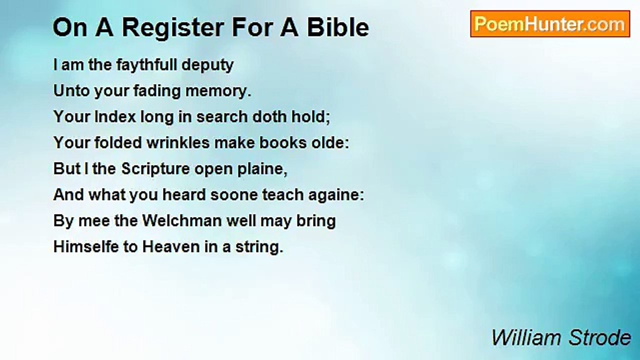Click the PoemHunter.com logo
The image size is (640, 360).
click(x=550, y=24)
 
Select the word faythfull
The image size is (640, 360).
click(x=146, y=65)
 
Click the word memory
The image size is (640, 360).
click(x=218, y=91)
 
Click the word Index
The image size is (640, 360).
click(x=115, y=117)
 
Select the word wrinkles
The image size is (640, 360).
click(x=178, y=143)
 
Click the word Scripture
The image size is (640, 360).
click(x=155, y=169)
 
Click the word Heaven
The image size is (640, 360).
click(x=171, y=246)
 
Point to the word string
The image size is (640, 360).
click(x=259, y=247)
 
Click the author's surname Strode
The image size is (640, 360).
click(x=599, y=337)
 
